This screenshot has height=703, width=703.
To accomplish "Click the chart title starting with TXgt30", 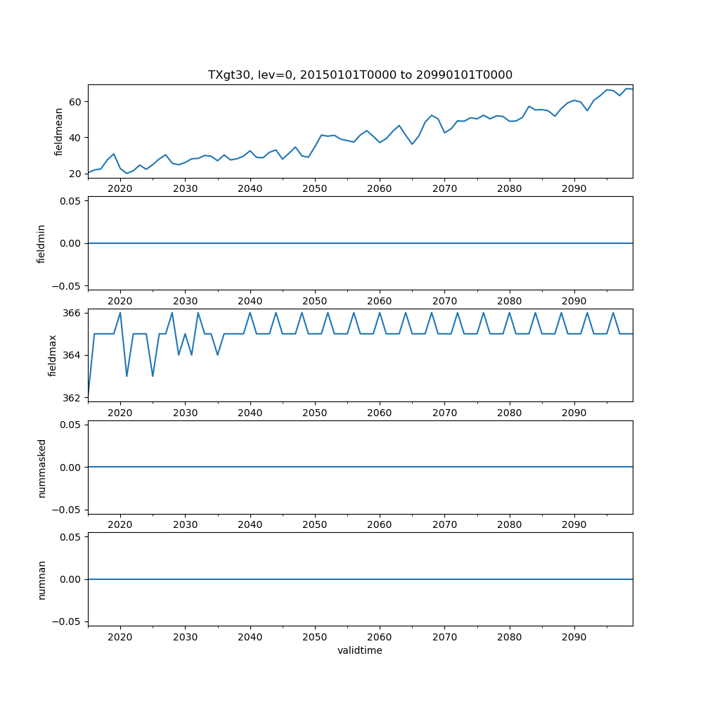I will tap(360, 75).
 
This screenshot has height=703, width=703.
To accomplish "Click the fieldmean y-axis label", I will tap(59, 131).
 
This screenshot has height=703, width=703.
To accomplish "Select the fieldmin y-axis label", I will tap(41, 243).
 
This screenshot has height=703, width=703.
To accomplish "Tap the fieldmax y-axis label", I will tap(52, 355).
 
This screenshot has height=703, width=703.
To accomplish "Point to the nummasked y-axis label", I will tap(41, 467).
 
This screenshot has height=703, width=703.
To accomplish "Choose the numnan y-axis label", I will tap(41, 579).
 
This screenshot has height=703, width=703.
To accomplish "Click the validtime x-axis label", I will tap(360, 650).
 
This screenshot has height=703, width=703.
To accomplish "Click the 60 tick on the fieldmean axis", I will tap(75, 102).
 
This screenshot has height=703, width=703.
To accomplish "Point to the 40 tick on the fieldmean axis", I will tap(75, 138).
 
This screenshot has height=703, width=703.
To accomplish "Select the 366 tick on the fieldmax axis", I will tap(72, 313).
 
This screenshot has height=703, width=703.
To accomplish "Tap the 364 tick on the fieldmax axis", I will tap(72, 356).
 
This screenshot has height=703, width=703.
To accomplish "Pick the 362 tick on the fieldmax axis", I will tap(72, 398).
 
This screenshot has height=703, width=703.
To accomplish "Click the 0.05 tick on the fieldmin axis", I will tap(69, 201).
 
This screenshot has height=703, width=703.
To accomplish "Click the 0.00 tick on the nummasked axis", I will tap(69, 467).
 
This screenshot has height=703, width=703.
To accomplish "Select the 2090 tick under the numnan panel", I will tap(574, 637).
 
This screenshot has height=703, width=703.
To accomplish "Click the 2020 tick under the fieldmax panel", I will tap(120, 413).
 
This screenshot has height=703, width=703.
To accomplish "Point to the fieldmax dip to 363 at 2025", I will tap(153, 376).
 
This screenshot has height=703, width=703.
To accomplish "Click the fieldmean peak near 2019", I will tap(114, 154).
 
